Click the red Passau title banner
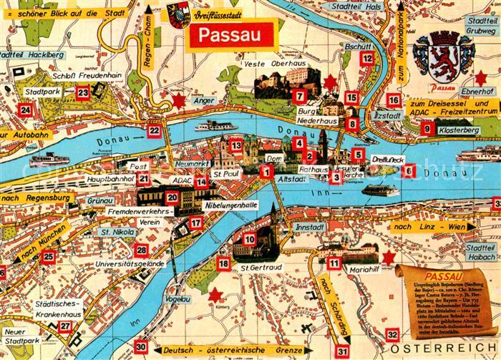[x=230, y=35]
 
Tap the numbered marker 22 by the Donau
[x=154, y=130]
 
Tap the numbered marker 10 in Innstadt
[x=249, y=239]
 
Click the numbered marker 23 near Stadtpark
[x=83, y=92]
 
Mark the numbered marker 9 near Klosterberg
[x=427, y=130]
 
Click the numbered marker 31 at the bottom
[x=343, y=351]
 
